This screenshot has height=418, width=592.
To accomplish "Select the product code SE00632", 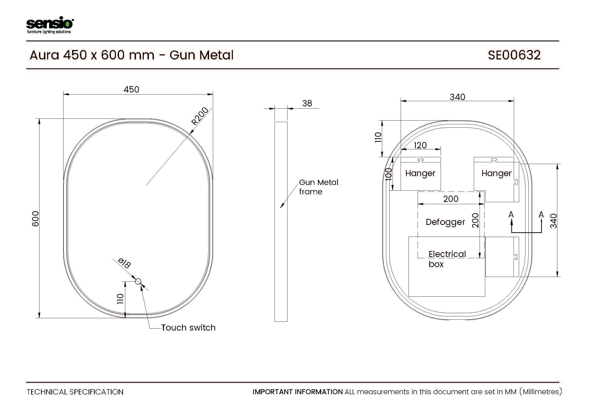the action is pos(514,55).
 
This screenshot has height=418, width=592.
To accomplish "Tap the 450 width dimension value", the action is pos(131,89).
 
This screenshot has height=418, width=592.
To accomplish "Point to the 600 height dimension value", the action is pos(35,219).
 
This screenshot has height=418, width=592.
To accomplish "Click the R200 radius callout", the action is pos(200,116).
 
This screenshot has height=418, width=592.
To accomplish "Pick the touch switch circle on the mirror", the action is pos(138,282).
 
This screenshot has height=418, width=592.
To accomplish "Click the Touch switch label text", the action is pos(188,328).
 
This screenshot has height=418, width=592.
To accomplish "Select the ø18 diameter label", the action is pos(125,263).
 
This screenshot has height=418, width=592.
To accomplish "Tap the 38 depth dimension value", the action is pos(307,103).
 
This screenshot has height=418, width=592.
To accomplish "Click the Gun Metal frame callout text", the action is pos(319,187).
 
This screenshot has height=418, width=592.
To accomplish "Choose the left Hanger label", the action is pos(420,173).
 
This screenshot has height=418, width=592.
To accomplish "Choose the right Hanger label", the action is pos(496,173).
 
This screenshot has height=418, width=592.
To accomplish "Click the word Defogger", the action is pos(445,222).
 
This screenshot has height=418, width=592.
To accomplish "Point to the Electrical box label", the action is pos(447,259).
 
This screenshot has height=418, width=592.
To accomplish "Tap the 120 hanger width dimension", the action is pos(420,145).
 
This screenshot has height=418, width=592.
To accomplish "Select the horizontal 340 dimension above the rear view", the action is pos(457,97).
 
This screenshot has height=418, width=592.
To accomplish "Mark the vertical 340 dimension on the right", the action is pos(553,221).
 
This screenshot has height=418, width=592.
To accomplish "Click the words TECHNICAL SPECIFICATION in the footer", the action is pos(75,392).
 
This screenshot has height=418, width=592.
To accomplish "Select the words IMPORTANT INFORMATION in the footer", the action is pos(298,392).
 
